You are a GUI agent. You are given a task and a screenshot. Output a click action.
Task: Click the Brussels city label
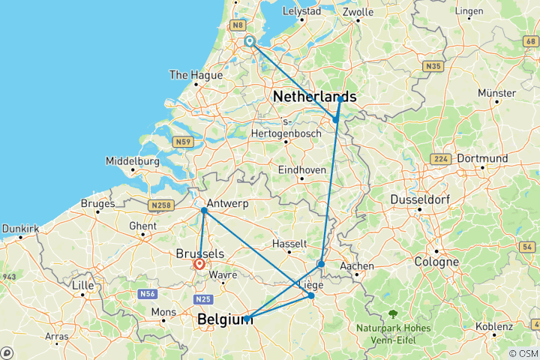(199, 253)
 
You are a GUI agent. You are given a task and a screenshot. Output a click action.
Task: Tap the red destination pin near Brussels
(199, 265)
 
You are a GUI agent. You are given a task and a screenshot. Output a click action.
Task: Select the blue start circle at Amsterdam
(250, 42)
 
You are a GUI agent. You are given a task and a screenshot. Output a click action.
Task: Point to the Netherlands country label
(315, 97)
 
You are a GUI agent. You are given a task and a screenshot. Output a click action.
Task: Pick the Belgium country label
(224, 320)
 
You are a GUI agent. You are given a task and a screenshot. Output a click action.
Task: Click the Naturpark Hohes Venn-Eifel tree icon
(391, 314)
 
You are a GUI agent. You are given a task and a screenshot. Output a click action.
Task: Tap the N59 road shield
(181, 141)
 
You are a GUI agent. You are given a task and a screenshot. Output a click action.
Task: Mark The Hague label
(196, 75)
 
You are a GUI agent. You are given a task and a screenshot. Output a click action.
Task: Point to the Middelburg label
(132, 161)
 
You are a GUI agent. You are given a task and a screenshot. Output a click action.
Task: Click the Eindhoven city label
(302, 170)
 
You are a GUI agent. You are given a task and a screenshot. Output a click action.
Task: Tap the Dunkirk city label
(20, 226)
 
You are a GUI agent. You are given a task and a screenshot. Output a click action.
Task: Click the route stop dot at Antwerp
(204, 211)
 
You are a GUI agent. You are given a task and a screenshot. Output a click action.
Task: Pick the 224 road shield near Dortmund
(440, 159)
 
